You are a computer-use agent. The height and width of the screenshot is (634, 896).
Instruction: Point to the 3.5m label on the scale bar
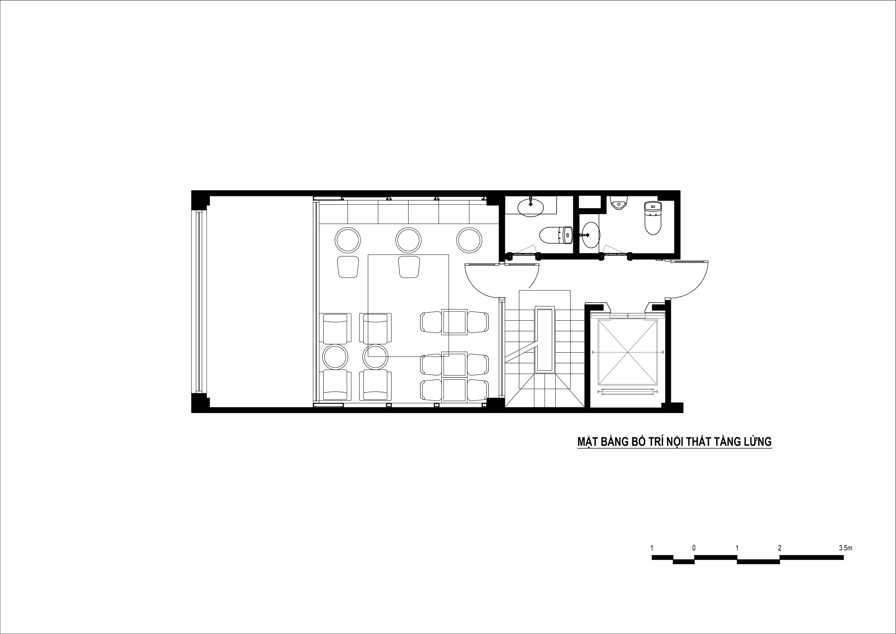(846, 548)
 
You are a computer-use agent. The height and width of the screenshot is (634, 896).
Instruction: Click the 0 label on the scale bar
(694, 548)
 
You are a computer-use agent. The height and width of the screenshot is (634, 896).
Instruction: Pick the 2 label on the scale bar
(780, 548)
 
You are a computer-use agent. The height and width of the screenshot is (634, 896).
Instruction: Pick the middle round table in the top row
(409, 240)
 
